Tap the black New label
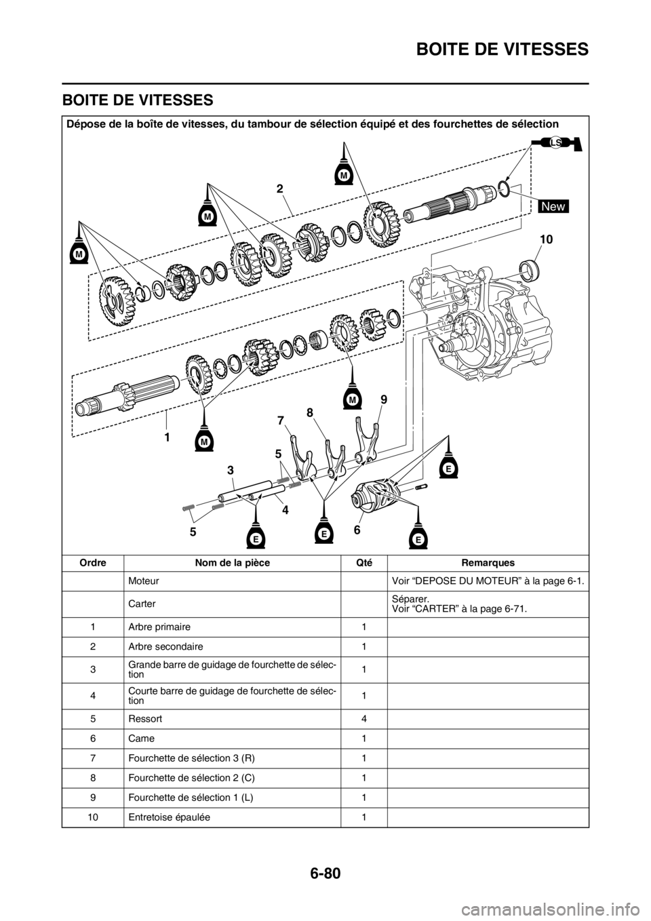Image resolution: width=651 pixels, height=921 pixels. [x=553, y=206]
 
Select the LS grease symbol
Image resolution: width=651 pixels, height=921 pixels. [x=556, y=142]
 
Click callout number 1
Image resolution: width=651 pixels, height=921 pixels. [x=165, y=437]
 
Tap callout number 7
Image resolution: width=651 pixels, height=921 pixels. [x=281, y=421]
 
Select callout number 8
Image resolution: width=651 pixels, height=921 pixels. [x=311, y=412]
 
